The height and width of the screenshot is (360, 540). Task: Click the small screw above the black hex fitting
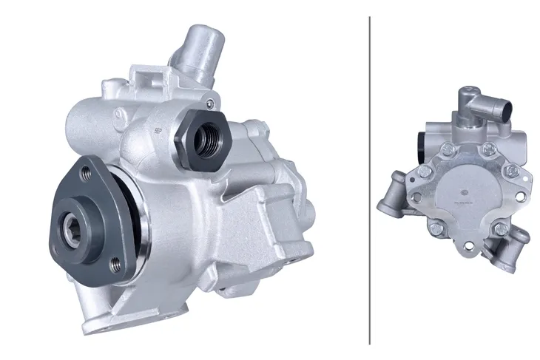(212, 103)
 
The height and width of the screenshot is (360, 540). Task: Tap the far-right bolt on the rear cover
(510, 172)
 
